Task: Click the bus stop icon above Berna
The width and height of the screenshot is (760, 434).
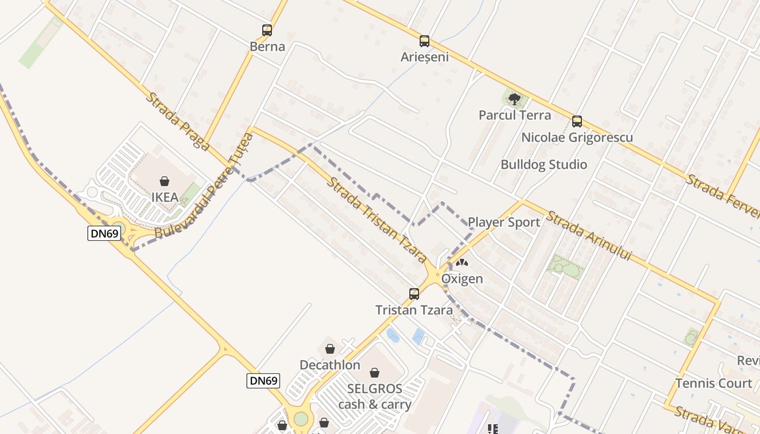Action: [267, 30]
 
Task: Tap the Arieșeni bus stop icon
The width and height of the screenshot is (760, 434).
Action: [425, 41]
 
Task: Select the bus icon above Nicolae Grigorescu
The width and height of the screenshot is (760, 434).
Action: [577, 121]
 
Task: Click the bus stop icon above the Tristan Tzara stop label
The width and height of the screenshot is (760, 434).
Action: [414, 294]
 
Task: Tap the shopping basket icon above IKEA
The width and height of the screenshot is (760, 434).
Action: [164, 181]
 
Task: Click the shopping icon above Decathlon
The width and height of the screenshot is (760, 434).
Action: [330, 349]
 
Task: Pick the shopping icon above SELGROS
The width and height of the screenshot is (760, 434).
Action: [375, 373]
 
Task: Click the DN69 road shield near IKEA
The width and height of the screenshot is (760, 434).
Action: [104, 233]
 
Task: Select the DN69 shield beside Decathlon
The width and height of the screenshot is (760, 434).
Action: [264, 380]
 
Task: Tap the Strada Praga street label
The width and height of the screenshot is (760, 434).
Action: [178, 121]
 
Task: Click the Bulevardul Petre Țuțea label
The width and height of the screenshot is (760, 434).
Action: [205, 186]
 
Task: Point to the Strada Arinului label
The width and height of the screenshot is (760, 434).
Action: [590, 235]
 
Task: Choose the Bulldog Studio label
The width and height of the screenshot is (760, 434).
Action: [544, 164]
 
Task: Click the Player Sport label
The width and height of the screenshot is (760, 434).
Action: [504, 222]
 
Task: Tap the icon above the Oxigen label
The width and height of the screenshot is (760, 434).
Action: [462, 263]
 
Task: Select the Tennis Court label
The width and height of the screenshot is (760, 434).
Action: [714, 384]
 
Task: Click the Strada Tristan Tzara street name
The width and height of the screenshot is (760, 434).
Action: [377, 219]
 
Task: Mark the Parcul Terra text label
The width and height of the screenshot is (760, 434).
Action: [515, 115]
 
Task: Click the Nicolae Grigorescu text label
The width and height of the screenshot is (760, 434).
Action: [577, 137]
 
